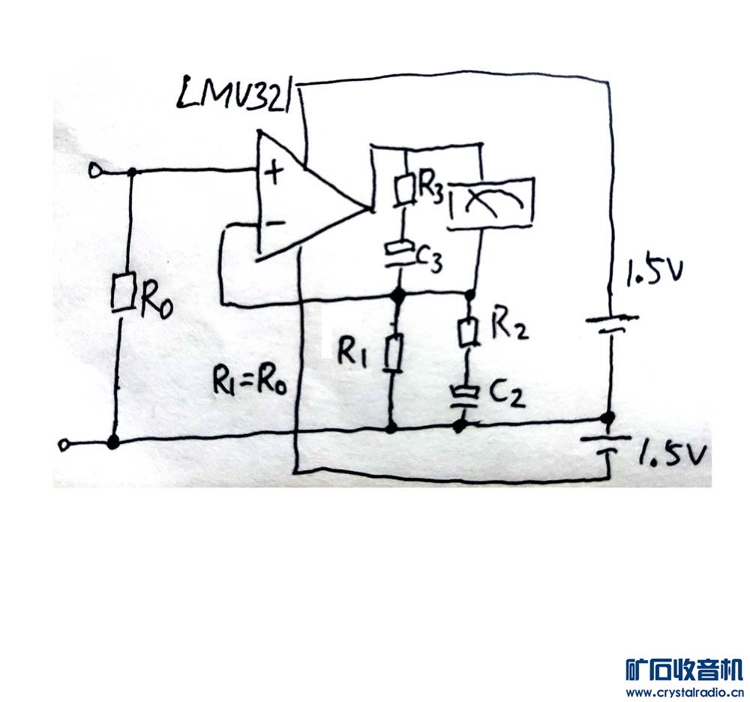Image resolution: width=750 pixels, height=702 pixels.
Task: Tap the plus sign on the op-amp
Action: (x=276, y=174)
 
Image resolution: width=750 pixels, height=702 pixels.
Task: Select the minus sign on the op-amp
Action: (x=274, y=223)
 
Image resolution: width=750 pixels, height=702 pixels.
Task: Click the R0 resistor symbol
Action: (x=123, y=292)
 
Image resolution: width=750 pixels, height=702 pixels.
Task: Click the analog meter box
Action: (x=491, y=201)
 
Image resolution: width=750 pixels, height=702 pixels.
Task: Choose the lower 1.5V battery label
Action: (x=673, y=454)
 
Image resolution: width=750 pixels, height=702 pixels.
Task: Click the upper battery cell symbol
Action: (x=610, y=324)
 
